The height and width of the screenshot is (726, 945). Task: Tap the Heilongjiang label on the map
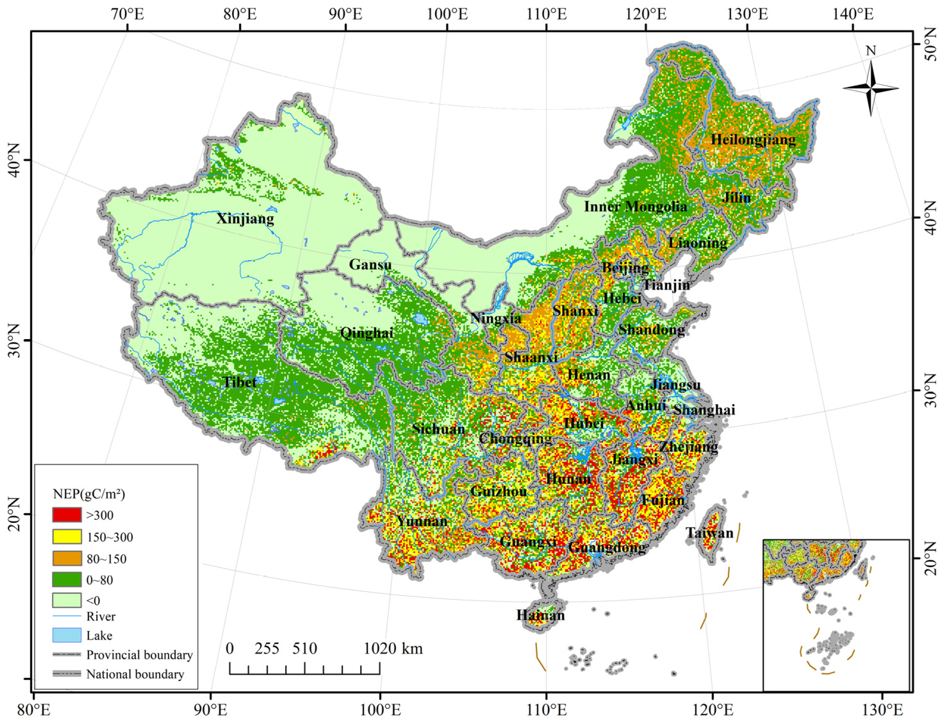753,139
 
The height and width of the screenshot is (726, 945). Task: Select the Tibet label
239,382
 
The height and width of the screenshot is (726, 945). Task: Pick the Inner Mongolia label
635,206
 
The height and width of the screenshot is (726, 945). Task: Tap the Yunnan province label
422,521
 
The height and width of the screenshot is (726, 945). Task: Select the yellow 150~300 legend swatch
67,537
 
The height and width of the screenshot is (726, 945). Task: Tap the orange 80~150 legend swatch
67,558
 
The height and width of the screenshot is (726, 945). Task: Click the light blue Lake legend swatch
67,635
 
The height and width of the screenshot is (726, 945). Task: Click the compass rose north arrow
871,88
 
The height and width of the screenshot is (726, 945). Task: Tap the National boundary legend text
135,674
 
